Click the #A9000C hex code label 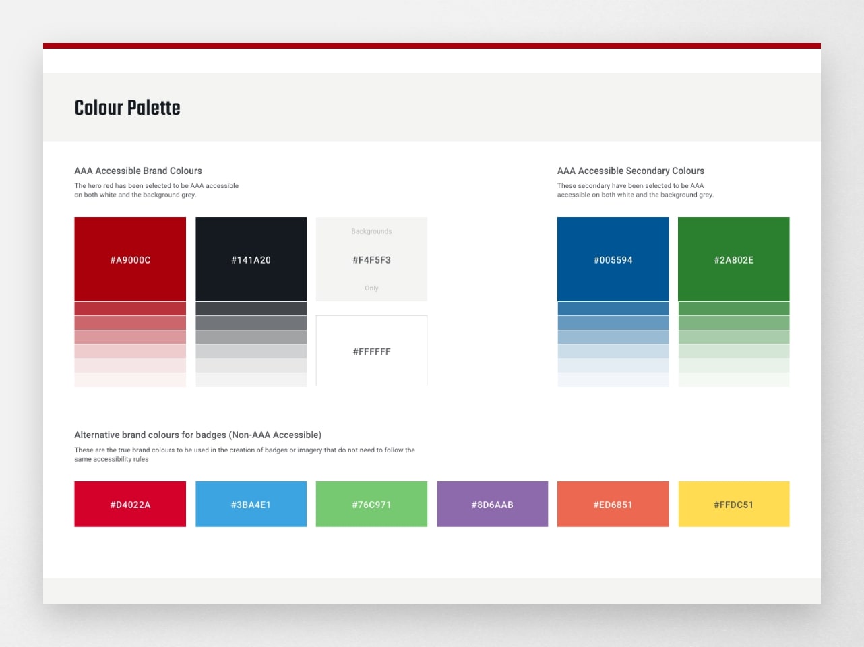tap(130, 260)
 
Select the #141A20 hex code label tap(251, 260)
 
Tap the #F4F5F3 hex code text tap(371, 260)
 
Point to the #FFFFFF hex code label tap(371, 352)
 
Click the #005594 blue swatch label tap(613, 260)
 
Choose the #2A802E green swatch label tap(734, 260)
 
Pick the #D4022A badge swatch tap(130, 503)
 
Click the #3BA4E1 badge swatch tap(251, 503)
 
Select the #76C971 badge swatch tap(371, 503)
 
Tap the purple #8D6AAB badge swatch tap(493, 503)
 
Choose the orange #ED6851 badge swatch tap(613, 503)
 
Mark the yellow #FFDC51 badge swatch tap(734, 503)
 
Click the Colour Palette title tap(127, 109)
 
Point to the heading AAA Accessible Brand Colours tap(138, 171)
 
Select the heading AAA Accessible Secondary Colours tap(631, 171)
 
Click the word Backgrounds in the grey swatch tap(371, 231)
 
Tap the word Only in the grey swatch tap(371, 288)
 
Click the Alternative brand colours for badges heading tap(198, 435)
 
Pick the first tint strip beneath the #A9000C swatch tap(130, 309)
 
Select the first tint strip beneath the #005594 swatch tap(613, 309)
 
